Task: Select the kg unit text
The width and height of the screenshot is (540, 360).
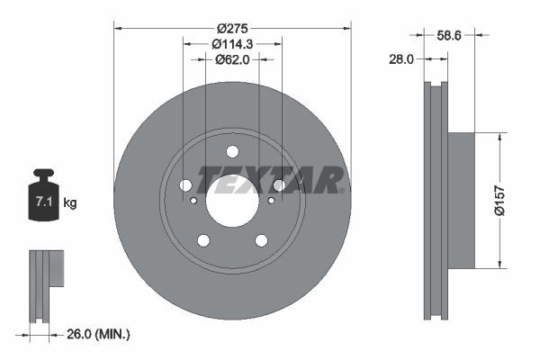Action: (70, 203)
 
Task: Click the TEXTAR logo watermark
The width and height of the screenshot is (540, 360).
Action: (270, 180)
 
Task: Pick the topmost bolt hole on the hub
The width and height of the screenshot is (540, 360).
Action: (232, 151)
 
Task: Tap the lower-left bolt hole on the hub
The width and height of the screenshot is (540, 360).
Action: (203, 240)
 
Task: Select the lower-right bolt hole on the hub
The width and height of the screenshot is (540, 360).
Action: (261, 240)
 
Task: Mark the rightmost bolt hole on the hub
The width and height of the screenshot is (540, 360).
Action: (279, 185)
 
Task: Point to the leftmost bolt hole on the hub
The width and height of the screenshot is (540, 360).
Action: (185, 185)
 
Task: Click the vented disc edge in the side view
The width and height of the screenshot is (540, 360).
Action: (435, 200)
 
